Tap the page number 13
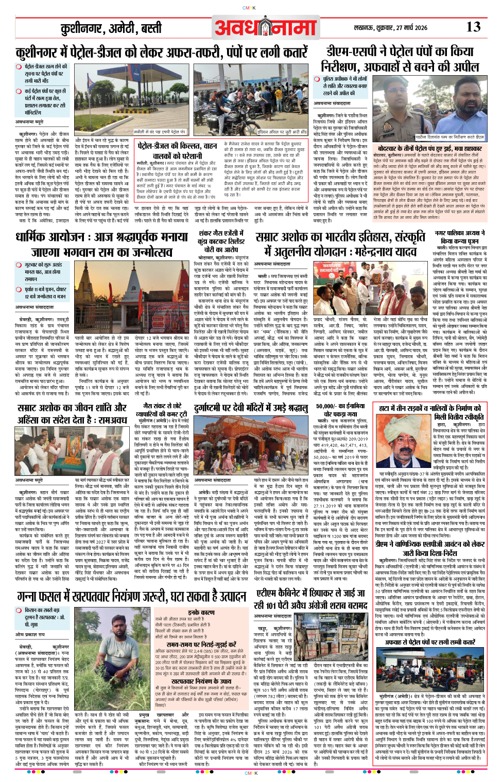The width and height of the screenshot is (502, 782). (473, 27)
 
